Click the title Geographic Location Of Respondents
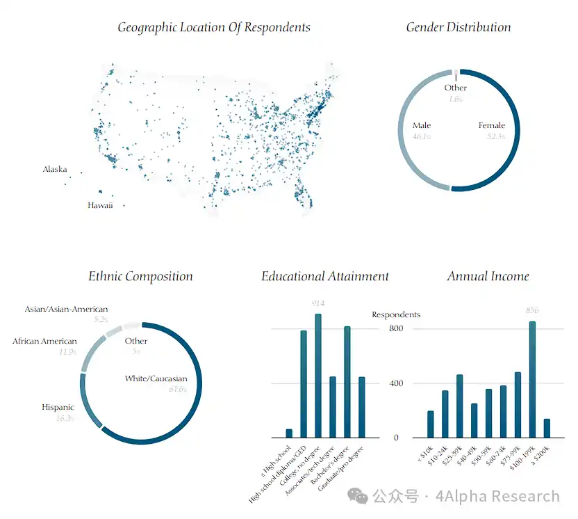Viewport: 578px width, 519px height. [213, 28]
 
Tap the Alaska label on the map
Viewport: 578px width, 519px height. [55, 170]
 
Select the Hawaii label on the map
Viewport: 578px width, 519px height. [100, 205]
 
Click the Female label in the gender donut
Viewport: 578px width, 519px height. [491, 126]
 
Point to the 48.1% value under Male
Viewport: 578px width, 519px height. [422, 137]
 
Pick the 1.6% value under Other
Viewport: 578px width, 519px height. [456, 99]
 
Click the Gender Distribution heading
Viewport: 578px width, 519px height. [458, 28]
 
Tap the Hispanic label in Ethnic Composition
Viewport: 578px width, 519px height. [58, 408]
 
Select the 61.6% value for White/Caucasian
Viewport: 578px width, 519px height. [178, 390]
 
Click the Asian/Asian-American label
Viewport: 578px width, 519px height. [67, 310]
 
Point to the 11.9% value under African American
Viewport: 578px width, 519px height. [67, 352]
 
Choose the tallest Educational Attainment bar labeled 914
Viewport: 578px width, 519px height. [318, 376]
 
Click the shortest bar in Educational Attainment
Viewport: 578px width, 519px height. [289, 433]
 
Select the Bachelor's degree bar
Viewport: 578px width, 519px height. [347, 382]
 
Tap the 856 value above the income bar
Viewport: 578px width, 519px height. [532, 310]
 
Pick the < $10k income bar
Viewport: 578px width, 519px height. [431, 424]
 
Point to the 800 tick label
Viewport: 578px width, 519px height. [396, 328]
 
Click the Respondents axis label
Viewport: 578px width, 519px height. [396, 315]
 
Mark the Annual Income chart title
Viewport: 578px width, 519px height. [488, 277]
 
